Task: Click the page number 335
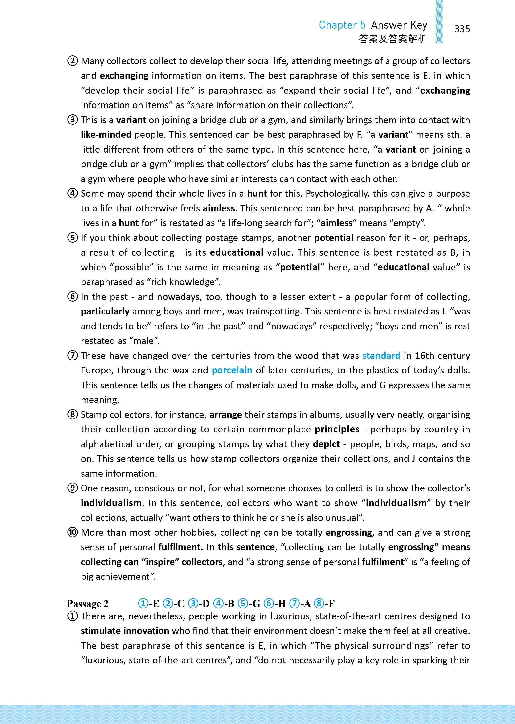462,29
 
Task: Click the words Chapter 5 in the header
342,25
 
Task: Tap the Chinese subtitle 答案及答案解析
393,39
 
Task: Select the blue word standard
381,356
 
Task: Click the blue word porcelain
232,370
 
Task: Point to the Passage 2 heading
88,604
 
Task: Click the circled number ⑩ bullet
73,532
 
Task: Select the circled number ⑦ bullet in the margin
73,356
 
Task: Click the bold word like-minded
106,135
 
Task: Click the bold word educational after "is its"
237,252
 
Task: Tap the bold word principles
337,429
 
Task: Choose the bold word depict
326,444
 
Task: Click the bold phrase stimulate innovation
125,631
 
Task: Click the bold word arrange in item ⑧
225,415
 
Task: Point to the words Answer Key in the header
399,25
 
